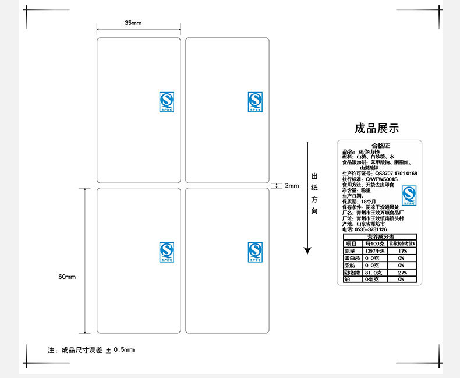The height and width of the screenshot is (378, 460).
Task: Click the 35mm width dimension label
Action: click(x=133, y=23)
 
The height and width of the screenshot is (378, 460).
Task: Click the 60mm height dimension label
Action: click(x=67, y=277)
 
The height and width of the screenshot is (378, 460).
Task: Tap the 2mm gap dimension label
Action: click(x=291, y=186)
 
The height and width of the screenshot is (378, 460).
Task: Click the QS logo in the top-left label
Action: click(x=167, y=101)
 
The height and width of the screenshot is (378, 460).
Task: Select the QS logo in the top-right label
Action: click(x=255, y=101)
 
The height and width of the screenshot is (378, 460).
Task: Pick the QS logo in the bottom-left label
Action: click(x=167, y=252)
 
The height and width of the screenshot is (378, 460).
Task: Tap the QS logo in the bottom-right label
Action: click(x=255, y=252)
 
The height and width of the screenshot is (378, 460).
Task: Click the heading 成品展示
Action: click(x=377, y=129)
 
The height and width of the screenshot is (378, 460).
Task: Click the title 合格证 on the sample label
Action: click(x=380, y=146)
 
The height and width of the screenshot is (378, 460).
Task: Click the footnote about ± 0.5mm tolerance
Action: click(x=91, y=350)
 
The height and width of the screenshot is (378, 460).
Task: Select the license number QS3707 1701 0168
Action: click(x=396, y=174)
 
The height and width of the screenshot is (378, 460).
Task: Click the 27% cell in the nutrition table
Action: click(x=401, y=272)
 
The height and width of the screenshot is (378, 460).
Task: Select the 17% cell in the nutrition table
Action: click(x=401, y=250)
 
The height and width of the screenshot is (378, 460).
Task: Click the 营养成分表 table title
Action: click(x=380, y=236)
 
